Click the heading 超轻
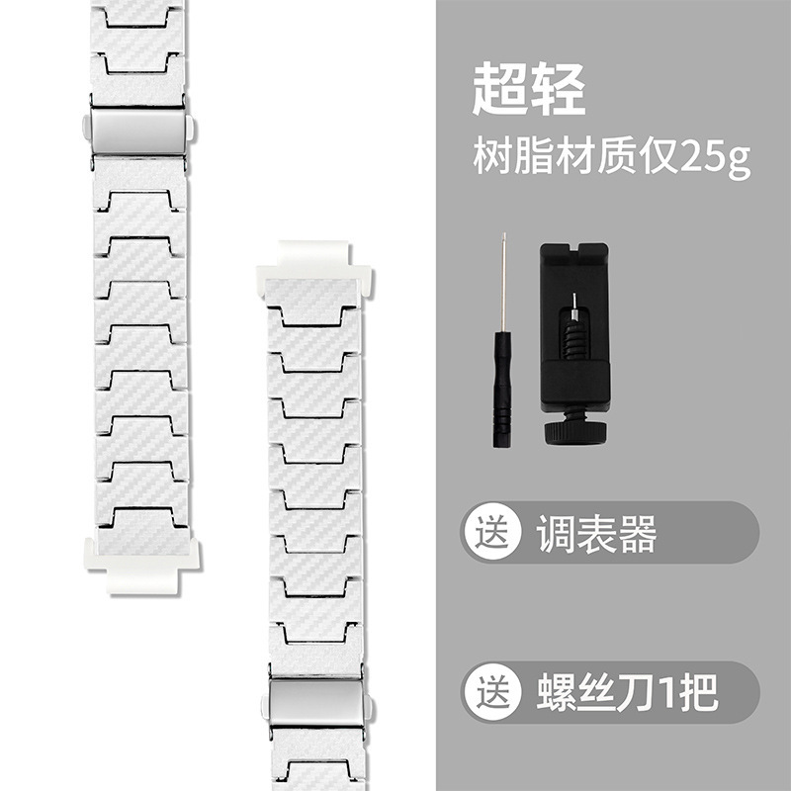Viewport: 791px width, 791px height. pos(528,92)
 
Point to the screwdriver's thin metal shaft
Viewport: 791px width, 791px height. pos(502,287)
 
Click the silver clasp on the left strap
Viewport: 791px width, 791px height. pos(137,131)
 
